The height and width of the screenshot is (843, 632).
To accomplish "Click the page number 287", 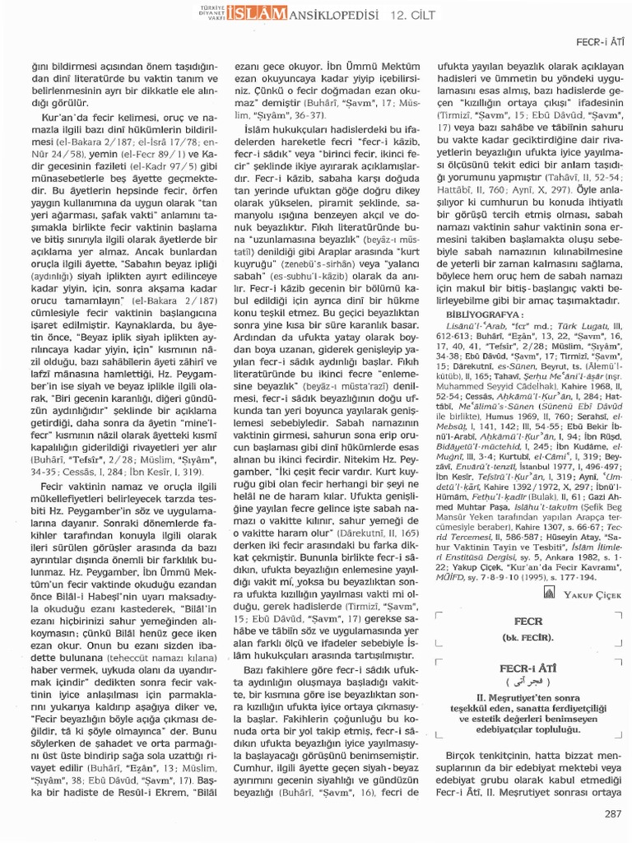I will coord(611,815).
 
